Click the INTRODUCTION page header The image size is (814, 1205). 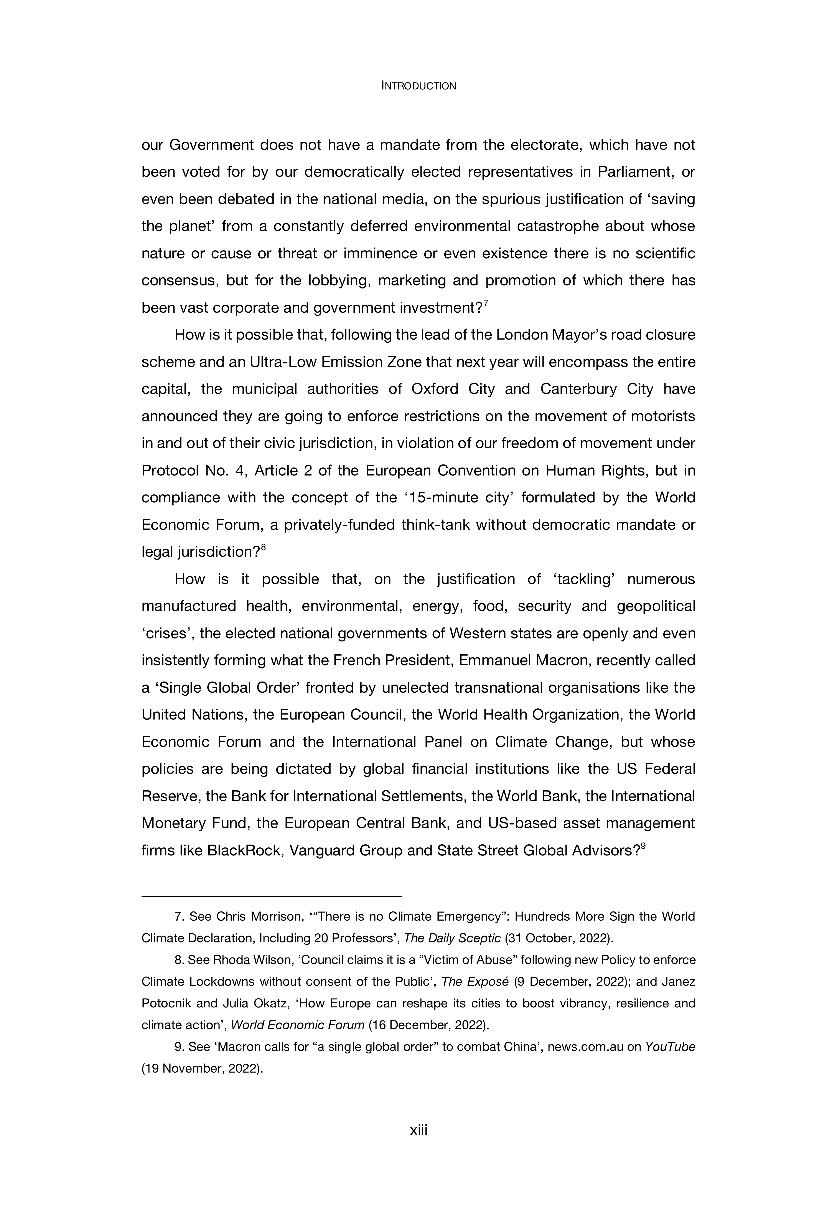point(419,86)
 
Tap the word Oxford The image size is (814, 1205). point(435,389)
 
